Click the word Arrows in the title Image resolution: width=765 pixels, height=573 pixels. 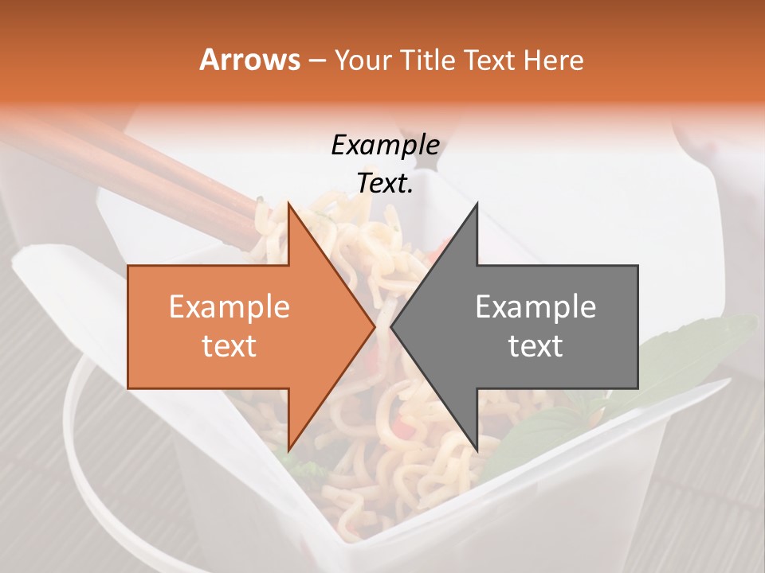point(250,60)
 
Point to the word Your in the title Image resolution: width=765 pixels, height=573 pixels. point(365,60)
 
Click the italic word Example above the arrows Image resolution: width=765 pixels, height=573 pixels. point(385,146)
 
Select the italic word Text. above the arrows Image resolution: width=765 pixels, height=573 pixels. point(385,184)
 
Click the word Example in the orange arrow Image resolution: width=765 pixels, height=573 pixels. point(229,307)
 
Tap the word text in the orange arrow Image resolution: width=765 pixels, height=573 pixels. point(229,346)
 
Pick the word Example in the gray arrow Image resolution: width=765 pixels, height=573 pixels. point(535,307)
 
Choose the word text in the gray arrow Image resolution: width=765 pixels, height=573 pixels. point(535,346)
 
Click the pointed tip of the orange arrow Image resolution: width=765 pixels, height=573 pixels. point(374,326)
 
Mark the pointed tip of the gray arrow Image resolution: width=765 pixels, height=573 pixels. point(391,326)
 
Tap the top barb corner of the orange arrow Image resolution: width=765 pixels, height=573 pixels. point(288,203)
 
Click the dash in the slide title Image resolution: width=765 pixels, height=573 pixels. point(316,60)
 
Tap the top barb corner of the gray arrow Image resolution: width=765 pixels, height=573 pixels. point(477,203)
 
